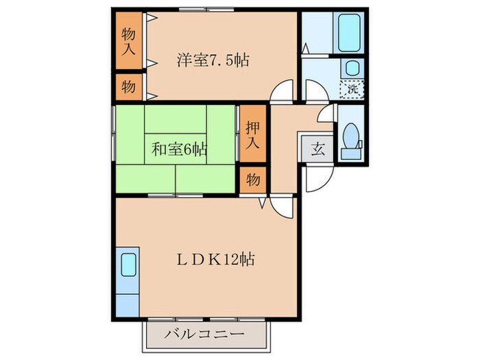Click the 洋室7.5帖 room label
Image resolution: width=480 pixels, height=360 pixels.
[x=213, y=60]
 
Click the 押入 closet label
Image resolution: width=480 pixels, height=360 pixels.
[x=252, y=134]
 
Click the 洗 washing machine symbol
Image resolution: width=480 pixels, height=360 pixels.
[x=352, y=88]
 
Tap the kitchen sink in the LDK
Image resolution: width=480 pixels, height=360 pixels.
[x=128, y=264]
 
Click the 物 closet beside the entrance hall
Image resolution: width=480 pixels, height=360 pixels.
[x=252, y=180]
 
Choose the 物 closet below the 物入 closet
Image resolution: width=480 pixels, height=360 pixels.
[x=128, y=87]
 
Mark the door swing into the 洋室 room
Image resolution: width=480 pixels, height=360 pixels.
[x=283, y=93]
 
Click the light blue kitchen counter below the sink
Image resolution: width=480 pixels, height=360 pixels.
[x=128, y=302]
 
